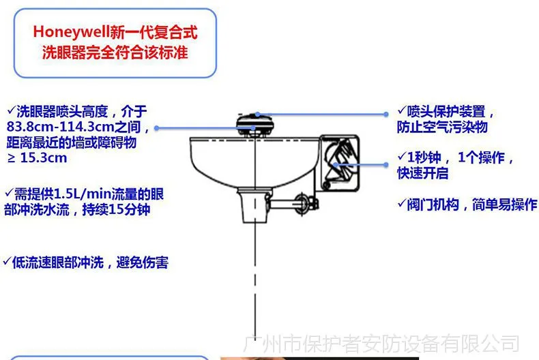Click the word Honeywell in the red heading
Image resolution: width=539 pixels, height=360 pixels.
(72, 33)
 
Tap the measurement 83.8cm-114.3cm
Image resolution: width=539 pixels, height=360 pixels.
(60, 127)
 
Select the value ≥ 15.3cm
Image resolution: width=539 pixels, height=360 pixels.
(37, 158)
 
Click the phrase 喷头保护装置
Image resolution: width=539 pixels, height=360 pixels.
(446, 112)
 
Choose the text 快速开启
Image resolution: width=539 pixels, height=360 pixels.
(423, 172)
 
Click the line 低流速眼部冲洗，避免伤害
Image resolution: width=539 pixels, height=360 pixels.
(91, 262)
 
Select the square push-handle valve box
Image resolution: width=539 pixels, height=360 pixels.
(340, 163)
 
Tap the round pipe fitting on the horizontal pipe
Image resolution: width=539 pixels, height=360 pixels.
(302, 204)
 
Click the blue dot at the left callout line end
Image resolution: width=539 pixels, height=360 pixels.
(156, 128)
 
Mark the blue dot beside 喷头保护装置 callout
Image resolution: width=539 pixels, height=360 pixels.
(386, 114)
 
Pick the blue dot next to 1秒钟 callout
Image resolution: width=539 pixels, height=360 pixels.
(385, 165)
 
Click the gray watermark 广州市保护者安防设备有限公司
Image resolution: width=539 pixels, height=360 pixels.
(381, 344)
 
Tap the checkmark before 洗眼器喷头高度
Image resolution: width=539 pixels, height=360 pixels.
(12, 110)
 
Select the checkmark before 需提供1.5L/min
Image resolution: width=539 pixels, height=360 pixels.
(10, 193)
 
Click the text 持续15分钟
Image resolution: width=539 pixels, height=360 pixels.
(116, 209)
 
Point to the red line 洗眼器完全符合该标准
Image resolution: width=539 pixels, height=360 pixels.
(115, 52)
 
